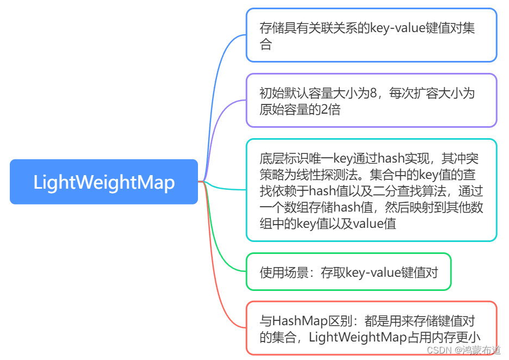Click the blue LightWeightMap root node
pyautogui.click(x=104, y=182)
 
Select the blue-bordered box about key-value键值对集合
pyautogui.click(x=371, y=35)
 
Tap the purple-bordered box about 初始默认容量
pyautogui.click(x=371, y=101)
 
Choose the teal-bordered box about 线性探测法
pyautogui.click(x=371, y=190)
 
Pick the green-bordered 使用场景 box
pyautogui.click(x=349, y=272)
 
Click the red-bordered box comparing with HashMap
pyautogui.click(x=371, y=328)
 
